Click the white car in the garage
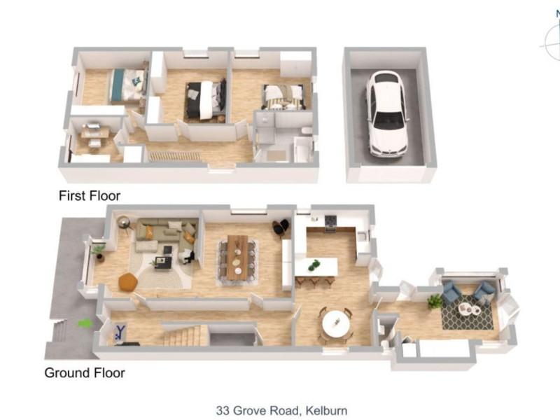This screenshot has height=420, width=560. (388, 113)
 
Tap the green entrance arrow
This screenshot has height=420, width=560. (85, 323)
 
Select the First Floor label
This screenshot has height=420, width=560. (90, 196)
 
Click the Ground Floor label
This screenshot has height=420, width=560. (85, 373)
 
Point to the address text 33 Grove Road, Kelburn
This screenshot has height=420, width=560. (281, 410)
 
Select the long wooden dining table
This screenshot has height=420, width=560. (237, 257)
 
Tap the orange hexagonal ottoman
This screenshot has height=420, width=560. (128, 282)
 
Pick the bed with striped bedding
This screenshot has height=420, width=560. (284, 97)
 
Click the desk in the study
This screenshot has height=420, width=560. (94, 133)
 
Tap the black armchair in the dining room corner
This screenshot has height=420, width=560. (281, 227)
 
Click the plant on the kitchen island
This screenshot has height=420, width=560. (314, 265)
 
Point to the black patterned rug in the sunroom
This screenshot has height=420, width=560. (468, 311)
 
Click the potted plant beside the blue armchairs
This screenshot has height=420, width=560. (435, 302)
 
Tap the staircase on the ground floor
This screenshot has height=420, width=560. (185, 335)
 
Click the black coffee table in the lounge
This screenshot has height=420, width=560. (163, 262)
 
